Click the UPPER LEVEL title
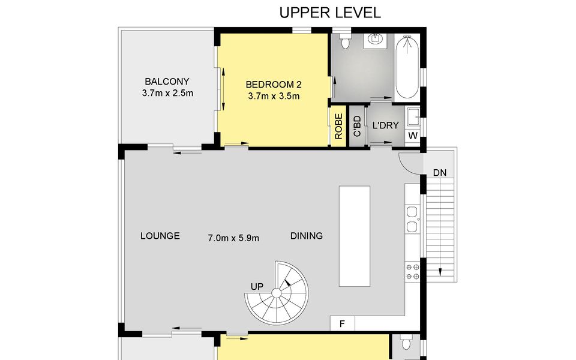tap(330, 13)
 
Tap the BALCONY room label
tap(167, 81)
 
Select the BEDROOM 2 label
tap(274, 85)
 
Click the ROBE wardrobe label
tap(338, 127)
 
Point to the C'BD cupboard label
tap(357, 127)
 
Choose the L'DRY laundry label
tap(385, 125)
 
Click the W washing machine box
tap(413, 136)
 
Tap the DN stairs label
tap(440, 172)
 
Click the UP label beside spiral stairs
tap(257, 287)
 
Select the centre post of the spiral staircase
tap(276, 293)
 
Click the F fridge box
tap(343, 323)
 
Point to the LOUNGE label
tap(160, 236)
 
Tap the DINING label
tap(307, 236)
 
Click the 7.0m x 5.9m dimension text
tap(233, 238)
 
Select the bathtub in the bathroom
tap(407, 67)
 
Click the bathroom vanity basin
tap(374, 40)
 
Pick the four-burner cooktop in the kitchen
tap(412, 271)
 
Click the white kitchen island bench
tap(355, 236)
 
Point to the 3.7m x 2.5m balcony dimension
tap(167, 93)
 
